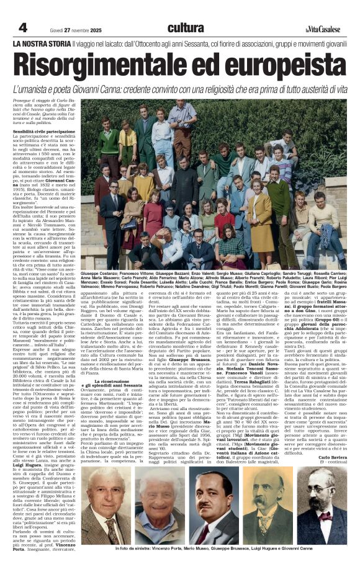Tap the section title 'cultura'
tap(185, 27)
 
